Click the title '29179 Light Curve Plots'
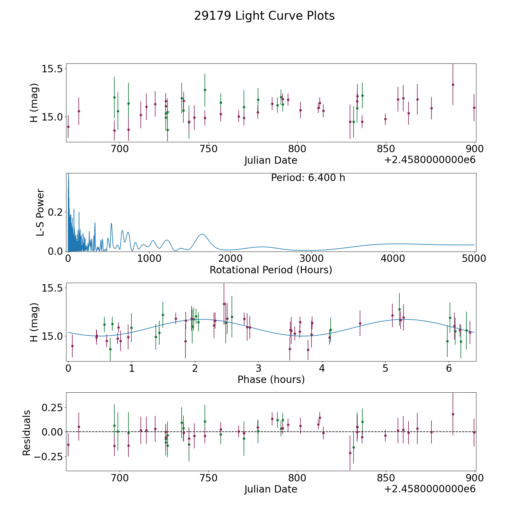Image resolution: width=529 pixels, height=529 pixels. click(x=264, y=16)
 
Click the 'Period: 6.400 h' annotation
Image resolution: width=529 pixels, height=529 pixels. click(x=308, y=178)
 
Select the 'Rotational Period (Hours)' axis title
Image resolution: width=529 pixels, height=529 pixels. click(x=271, y=270)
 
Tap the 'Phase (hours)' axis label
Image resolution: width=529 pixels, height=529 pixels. click(x=271, y=379)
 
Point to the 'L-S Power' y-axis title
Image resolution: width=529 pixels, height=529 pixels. click(x=40, y=212)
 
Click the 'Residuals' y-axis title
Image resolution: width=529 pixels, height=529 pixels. click(x=27, y=433)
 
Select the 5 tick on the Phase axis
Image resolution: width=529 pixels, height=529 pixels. click(x=385, y=368)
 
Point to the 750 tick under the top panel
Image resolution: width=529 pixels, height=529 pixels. click(x=208, y=149)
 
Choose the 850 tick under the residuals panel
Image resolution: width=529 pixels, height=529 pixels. click(x=386, y=478)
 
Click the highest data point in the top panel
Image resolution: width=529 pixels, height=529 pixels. click(x=453, y=85)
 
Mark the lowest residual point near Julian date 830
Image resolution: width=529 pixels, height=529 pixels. click(x=350, y=453)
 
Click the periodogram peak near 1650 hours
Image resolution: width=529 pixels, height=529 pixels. click(x=202, y=234)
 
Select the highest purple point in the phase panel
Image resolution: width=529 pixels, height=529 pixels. click(x=224, y=304)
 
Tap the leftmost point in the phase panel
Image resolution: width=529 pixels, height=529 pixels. click(x=72, y=346)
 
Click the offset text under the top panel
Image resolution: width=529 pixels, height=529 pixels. click(x=430, y=160)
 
